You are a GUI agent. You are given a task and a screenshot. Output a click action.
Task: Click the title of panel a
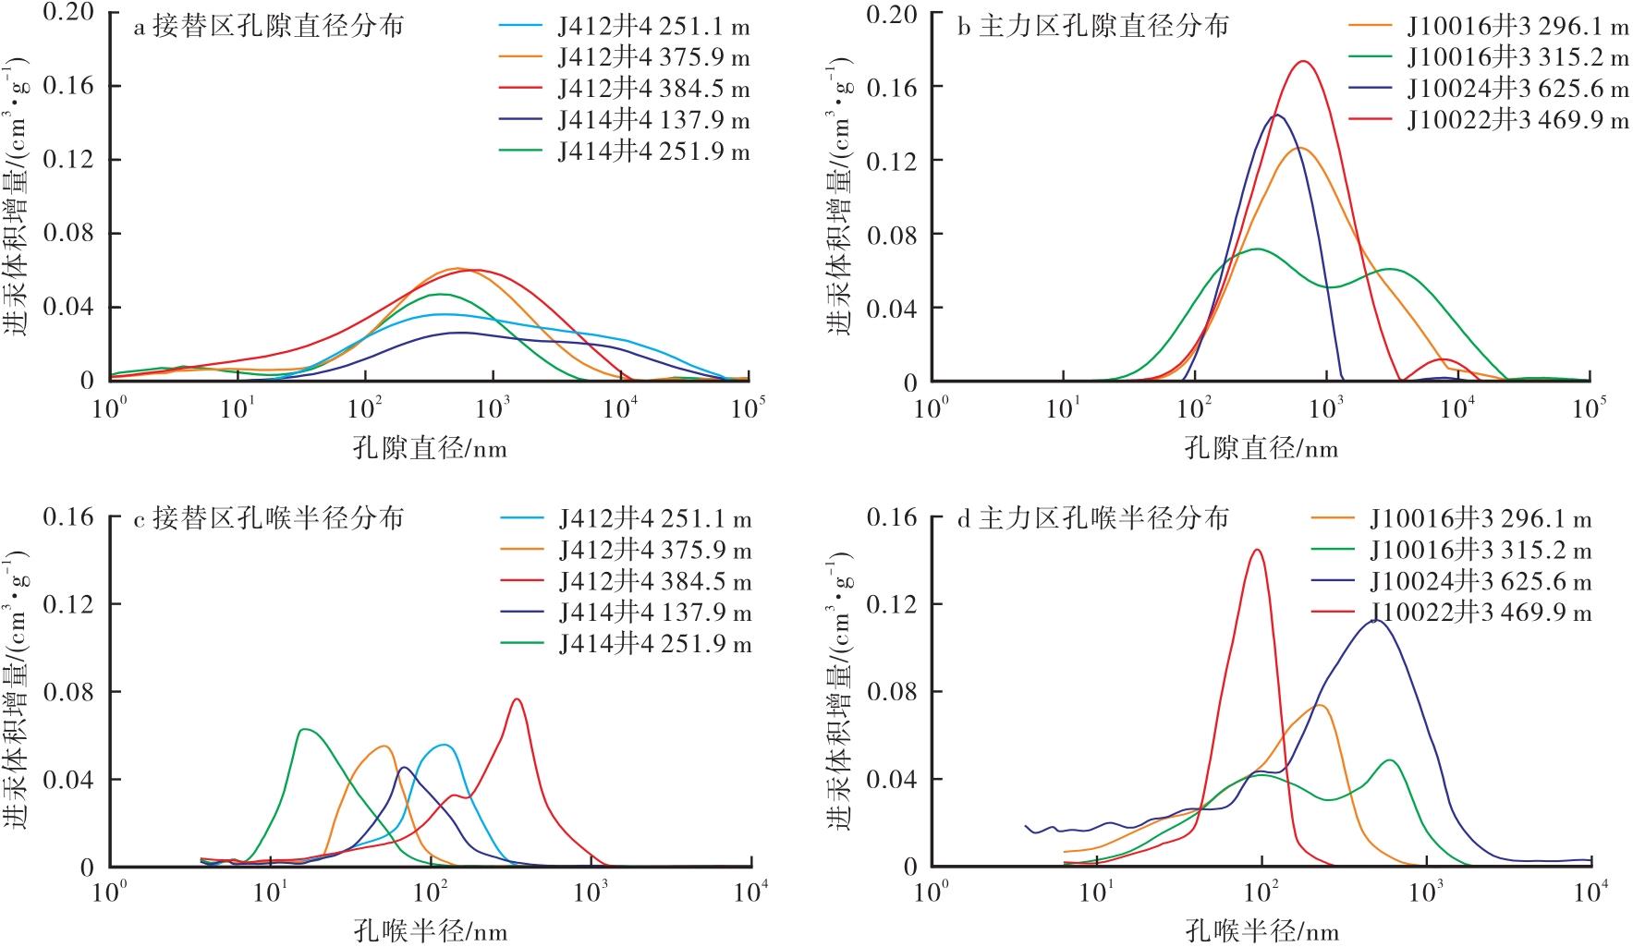pos(269,26)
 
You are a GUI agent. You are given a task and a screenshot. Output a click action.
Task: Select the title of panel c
pos(269,518)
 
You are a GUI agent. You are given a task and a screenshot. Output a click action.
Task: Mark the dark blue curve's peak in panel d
pos(1376,620)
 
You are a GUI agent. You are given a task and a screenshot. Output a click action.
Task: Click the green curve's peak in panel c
pos(303,729)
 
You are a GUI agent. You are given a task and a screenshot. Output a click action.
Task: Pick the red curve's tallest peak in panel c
pos(517,698)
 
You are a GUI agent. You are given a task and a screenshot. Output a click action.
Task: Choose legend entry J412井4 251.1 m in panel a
pos(653,27)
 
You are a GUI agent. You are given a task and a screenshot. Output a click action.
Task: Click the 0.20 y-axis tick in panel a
pos(69,12)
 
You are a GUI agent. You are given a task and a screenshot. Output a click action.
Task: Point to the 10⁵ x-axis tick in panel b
pos(1589,407)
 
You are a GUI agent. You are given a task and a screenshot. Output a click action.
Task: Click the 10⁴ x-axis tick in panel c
pos(751,892)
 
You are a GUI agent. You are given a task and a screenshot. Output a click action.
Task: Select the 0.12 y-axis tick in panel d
pos(893,603)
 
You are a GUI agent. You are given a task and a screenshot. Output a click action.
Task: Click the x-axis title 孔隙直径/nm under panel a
pos(430,449)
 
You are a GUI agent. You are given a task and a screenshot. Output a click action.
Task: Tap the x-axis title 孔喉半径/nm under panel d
pos(1261,930)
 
